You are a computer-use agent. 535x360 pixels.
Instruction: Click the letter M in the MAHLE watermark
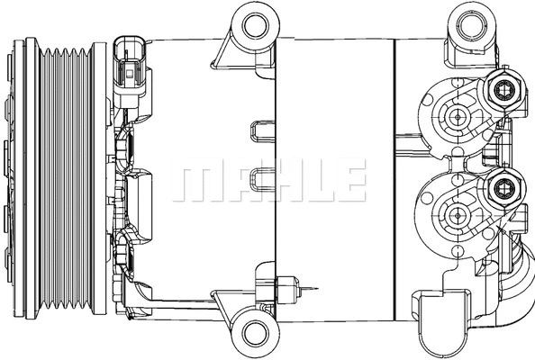[195, 184]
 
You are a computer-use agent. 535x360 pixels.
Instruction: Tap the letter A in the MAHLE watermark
[236, 184]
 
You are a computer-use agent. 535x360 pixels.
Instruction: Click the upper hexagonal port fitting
[501, 89]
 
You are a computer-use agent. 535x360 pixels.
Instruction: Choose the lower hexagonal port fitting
[501, 189]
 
